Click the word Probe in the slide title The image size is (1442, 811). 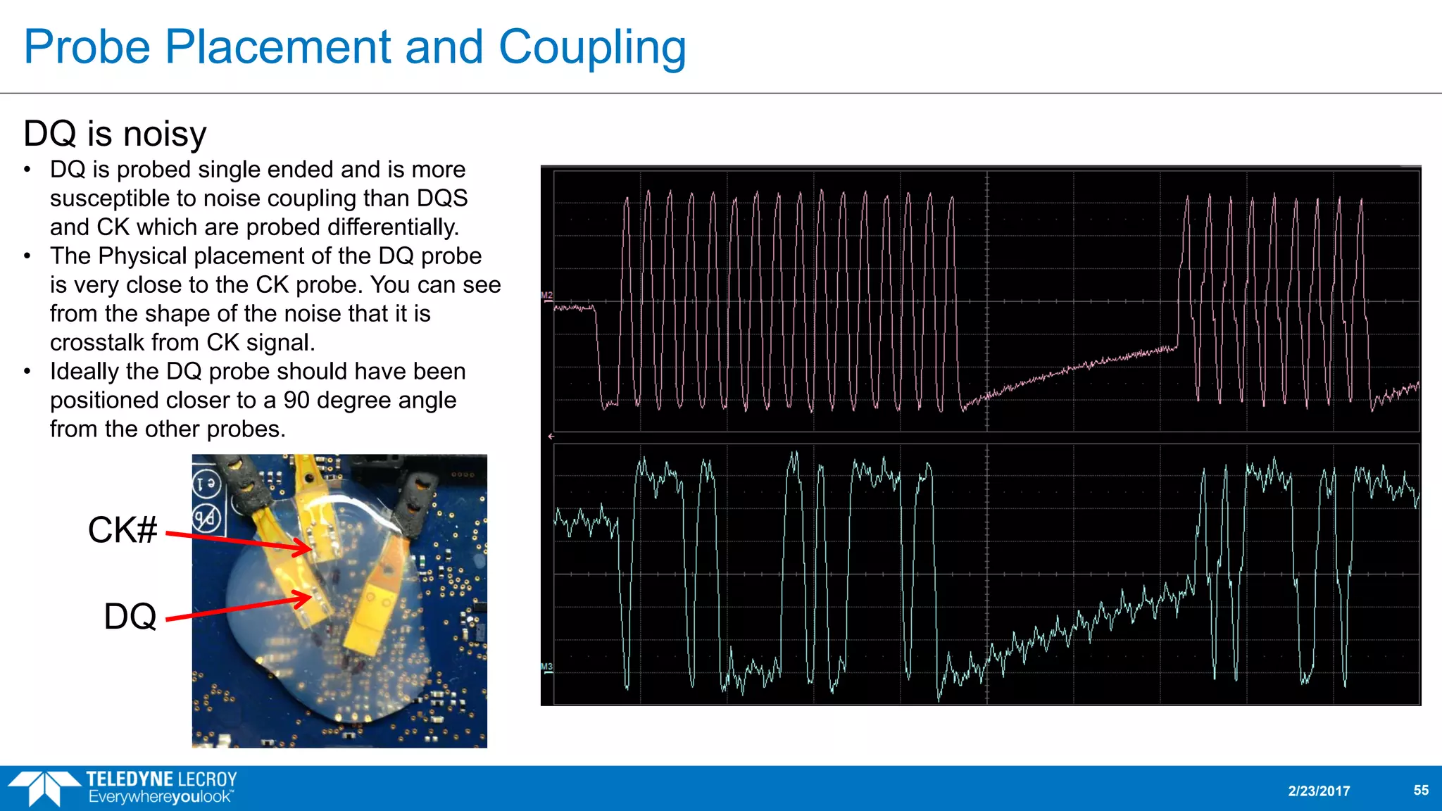point(87,48)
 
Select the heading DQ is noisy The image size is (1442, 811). point(115,134)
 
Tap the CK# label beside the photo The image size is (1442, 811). point(123,530)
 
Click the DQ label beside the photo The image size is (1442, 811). point(130,617)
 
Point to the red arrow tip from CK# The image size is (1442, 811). point(309,548)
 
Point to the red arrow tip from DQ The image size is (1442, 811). point(310,598)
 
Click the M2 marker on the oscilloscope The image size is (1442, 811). point(547,296)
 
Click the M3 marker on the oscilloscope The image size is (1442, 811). point(547,667)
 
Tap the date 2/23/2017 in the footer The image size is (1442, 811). point(1319,791)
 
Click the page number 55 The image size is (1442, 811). point(1421,791)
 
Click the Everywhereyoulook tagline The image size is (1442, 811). point(161,798)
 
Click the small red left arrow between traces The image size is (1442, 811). point(551,436)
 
